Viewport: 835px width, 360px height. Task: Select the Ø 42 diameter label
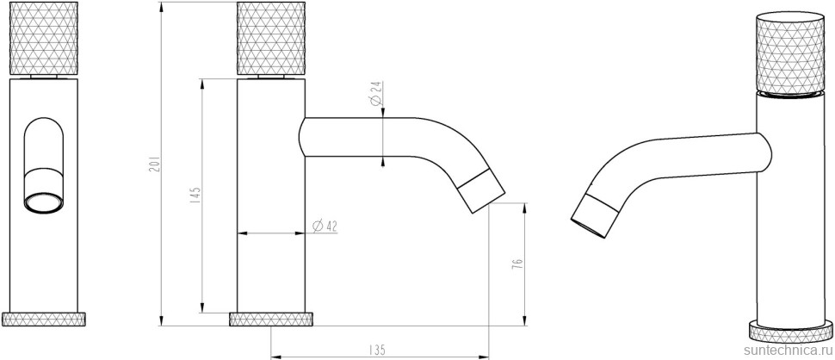click(324, 227)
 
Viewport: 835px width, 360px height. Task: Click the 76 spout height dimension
click(517, 264)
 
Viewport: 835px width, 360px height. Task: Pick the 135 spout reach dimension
click(376, 350)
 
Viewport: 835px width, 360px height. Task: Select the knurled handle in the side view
click(271, 40)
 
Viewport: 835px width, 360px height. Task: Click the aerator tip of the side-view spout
click(482, 190)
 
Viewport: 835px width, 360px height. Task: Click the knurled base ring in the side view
click(271, 320)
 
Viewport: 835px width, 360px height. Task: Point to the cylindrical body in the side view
click(271, 215)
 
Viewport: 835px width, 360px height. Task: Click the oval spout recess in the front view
click(44, 146)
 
